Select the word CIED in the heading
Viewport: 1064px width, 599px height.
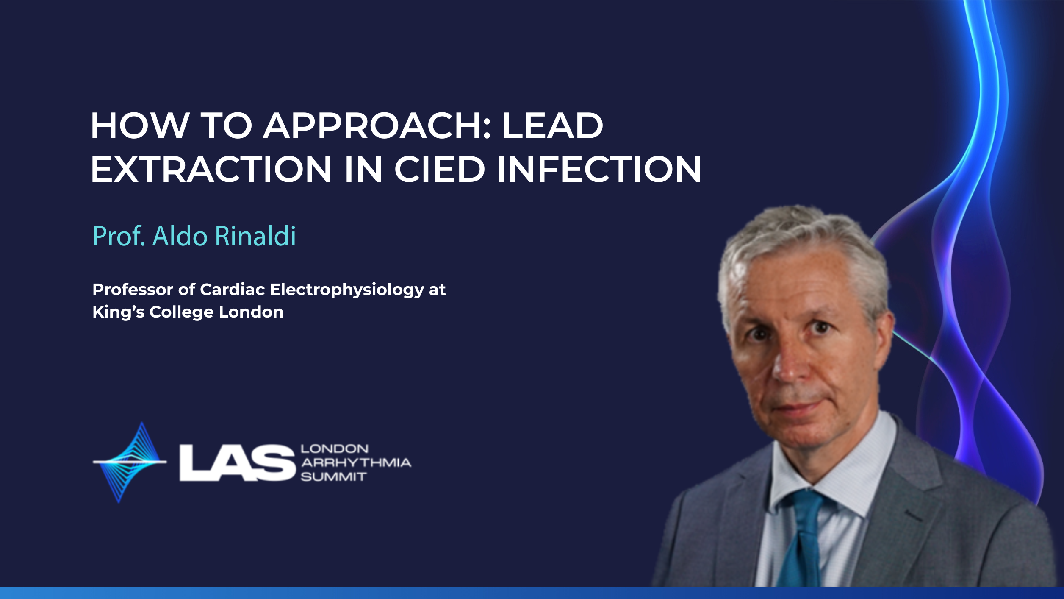(439, 169)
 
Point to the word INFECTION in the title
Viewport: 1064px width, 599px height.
(599, 169)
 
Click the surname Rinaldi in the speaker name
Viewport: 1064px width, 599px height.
(255, 236)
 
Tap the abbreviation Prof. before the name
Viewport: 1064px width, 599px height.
(119, 236)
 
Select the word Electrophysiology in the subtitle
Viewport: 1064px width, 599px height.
(347, 290)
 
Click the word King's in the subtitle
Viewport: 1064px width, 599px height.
(119, 312)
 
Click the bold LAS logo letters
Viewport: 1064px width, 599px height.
(237, 462)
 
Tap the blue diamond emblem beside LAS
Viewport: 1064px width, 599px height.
(130, 462)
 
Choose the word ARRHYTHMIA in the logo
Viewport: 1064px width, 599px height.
(356, 462)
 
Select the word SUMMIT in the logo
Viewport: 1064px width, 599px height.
(333, 477)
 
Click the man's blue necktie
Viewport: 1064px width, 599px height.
(803, 538)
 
